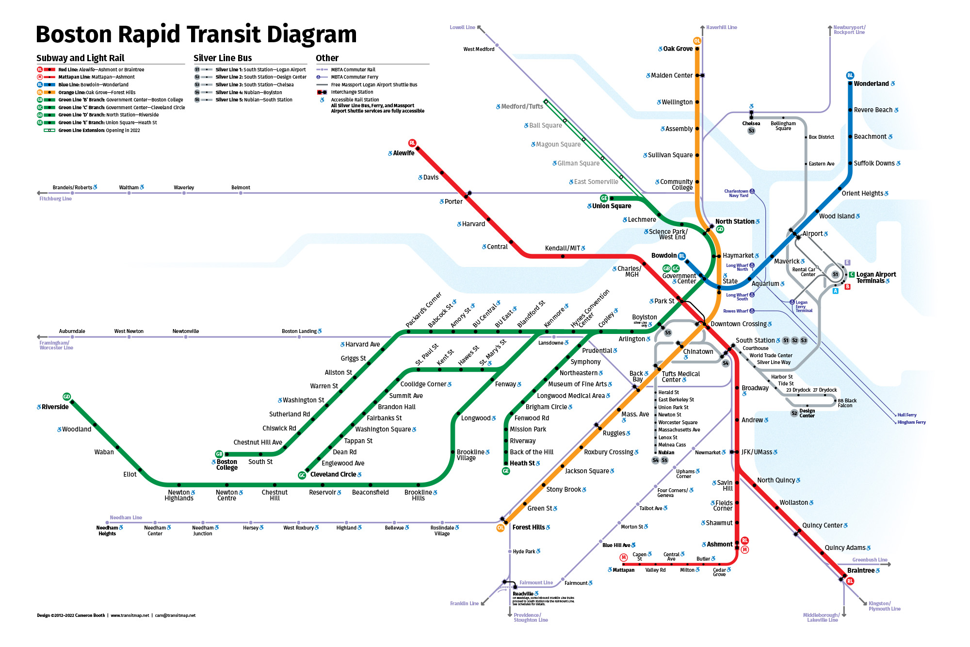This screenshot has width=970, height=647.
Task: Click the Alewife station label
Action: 404,153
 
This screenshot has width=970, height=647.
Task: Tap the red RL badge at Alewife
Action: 412,143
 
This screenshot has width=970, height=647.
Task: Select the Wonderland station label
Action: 871,83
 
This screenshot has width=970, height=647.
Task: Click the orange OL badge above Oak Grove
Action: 697,41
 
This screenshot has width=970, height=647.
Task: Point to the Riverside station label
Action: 55,407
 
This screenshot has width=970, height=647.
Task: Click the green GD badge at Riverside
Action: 67,397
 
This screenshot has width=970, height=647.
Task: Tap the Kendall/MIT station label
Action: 562,248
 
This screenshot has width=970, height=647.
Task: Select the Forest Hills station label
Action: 528,527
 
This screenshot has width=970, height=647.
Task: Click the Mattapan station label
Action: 623,570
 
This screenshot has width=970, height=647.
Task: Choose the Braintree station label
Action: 860,570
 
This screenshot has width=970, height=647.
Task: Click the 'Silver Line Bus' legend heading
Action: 223,58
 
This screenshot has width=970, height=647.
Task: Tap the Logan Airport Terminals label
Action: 875,277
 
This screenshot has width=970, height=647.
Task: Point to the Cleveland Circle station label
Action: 333,474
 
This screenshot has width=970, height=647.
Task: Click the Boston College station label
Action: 226,465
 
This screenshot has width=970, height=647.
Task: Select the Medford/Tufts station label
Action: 522,106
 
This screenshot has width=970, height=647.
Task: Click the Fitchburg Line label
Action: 55,199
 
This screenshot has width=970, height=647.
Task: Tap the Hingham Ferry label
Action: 911,422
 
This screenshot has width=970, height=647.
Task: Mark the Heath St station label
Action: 522,463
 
